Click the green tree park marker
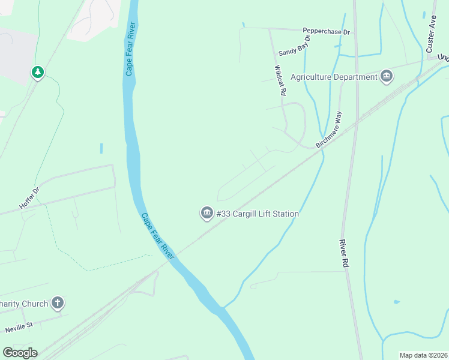38,73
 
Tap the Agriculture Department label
334,77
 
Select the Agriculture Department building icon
387,76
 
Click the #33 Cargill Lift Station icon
207,213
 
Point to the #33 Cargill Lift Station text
258,214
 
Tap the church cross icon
58,303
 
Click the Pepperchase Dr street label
326,31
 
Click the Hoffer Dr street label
29,197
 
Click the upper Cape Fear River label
130,49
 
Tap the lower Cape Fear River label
157,236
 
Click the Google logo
20,353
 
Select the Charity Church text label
24,304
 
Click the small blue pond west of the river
101,148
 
